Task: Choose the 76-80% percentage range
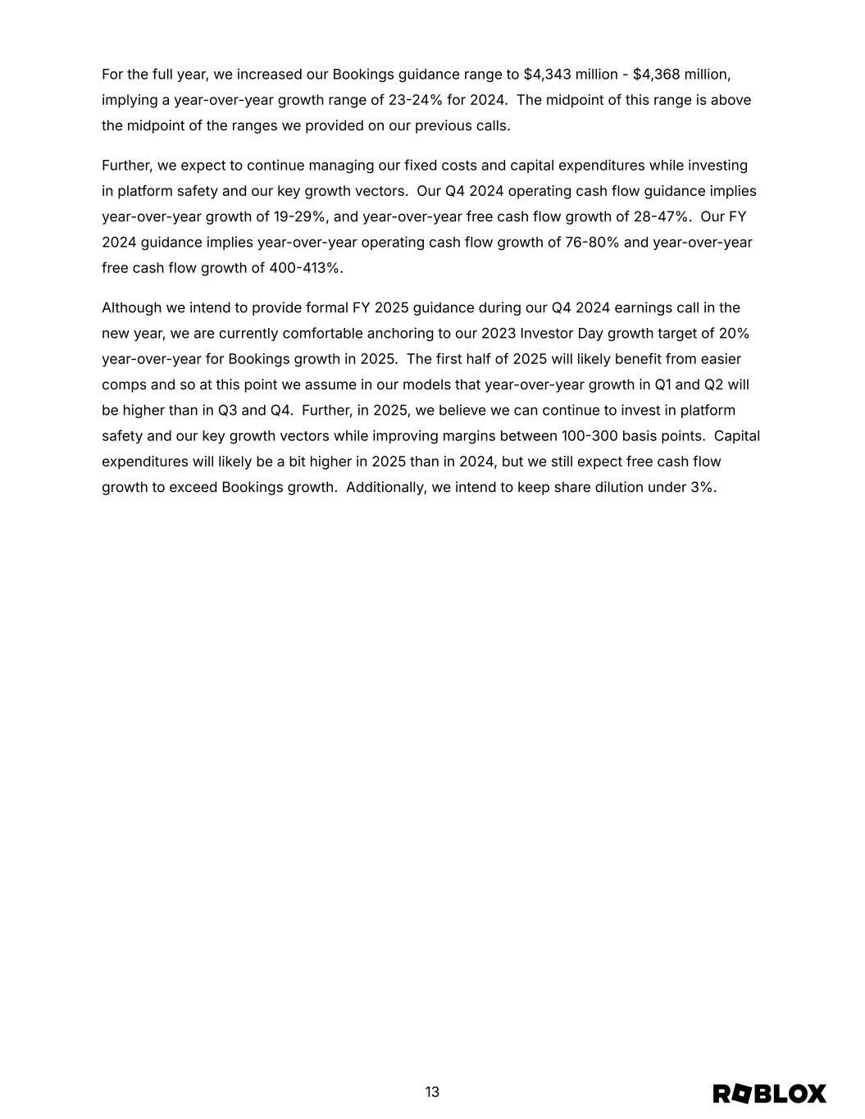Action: [592, 243]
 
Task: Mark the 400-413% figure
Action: [304, 268]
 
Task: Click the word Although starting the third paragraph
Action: [131, 307]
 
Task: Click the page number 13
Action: [432, 1092]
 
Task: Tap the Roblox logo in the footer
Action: [769, 1094]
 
